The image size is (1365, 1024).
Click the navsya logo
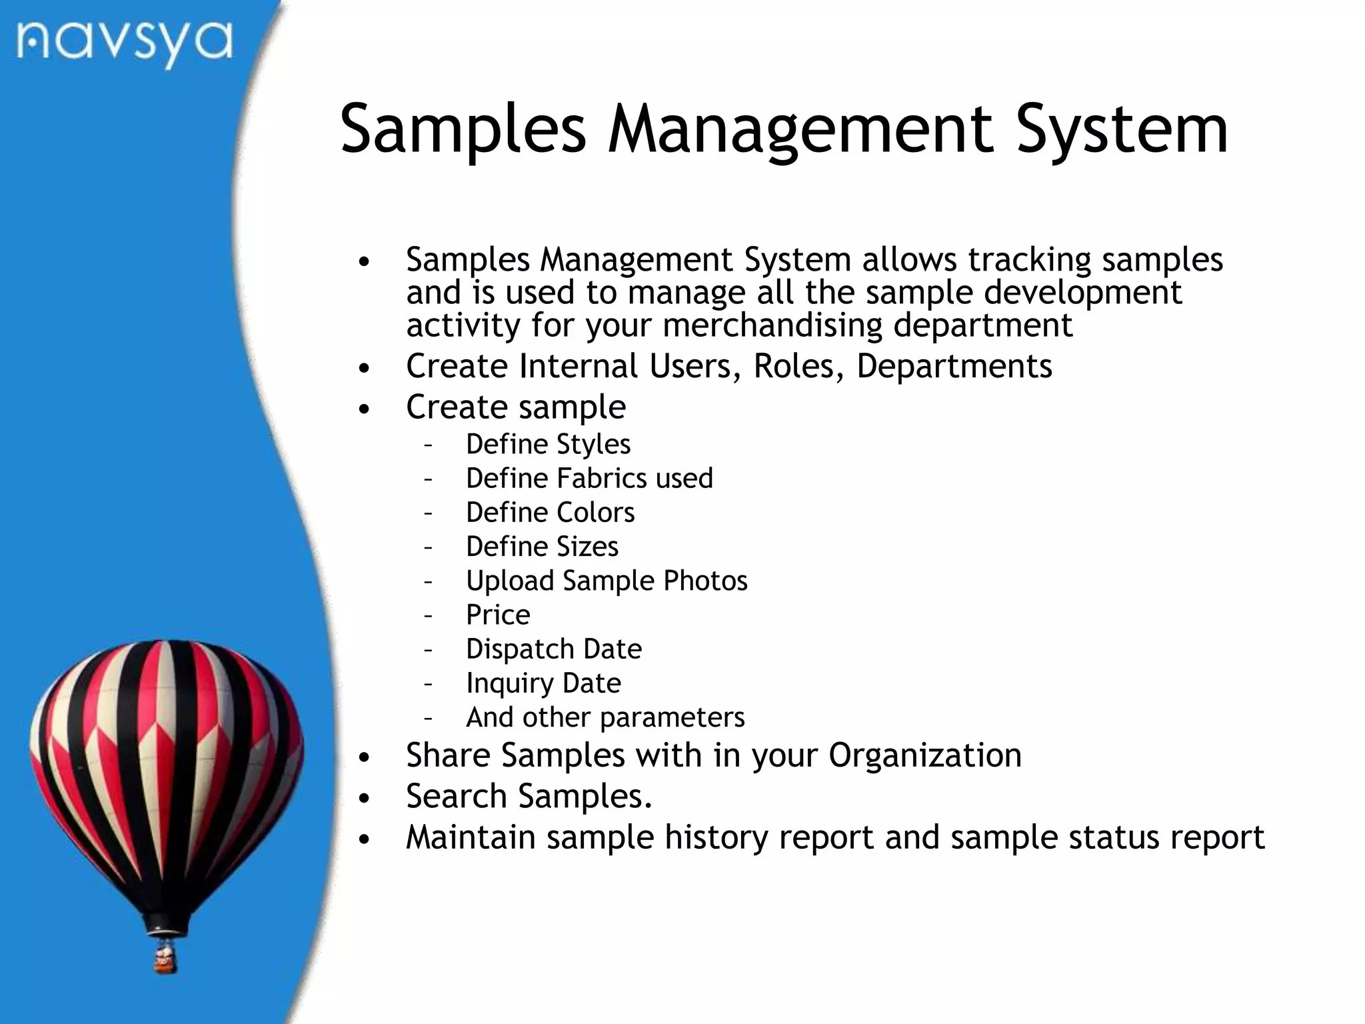click(x=125, y=43)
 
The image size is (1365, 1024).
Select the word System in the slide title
click(x=1121, y=129)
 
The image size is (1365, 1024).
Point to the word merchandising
click(x=772, y=325)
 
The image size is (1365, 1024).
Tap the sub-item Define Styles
click(x=548, y=444)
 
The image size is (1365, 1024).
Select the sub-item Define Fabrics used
click(x=589, y=478)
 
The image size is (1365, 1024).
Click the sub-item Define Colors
click(x=550, y=512)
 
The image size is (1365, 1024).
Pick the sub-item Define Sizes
click(x=542, y=547)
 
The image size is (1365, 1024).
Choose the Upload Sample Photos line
click(x=607, y=581)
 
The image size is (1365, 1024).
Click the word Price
click(x=498, y=615)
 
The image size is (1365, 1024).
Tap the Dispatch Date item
click(x=553, y=649)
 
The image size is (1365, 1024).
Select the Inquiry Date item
click(x=543, y=683)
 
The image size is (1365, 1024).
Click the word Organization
click(x=924, y=755)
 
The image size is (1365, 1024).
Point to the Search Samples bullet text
click(x=529, y=796)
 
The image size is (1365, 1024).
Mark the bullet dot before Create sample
click(x=363, y=409)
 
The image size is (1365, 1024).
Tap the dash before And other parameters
click(x=428, y=718)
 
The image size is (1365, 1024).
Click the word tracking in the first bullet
click(x=1030, y=259)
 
